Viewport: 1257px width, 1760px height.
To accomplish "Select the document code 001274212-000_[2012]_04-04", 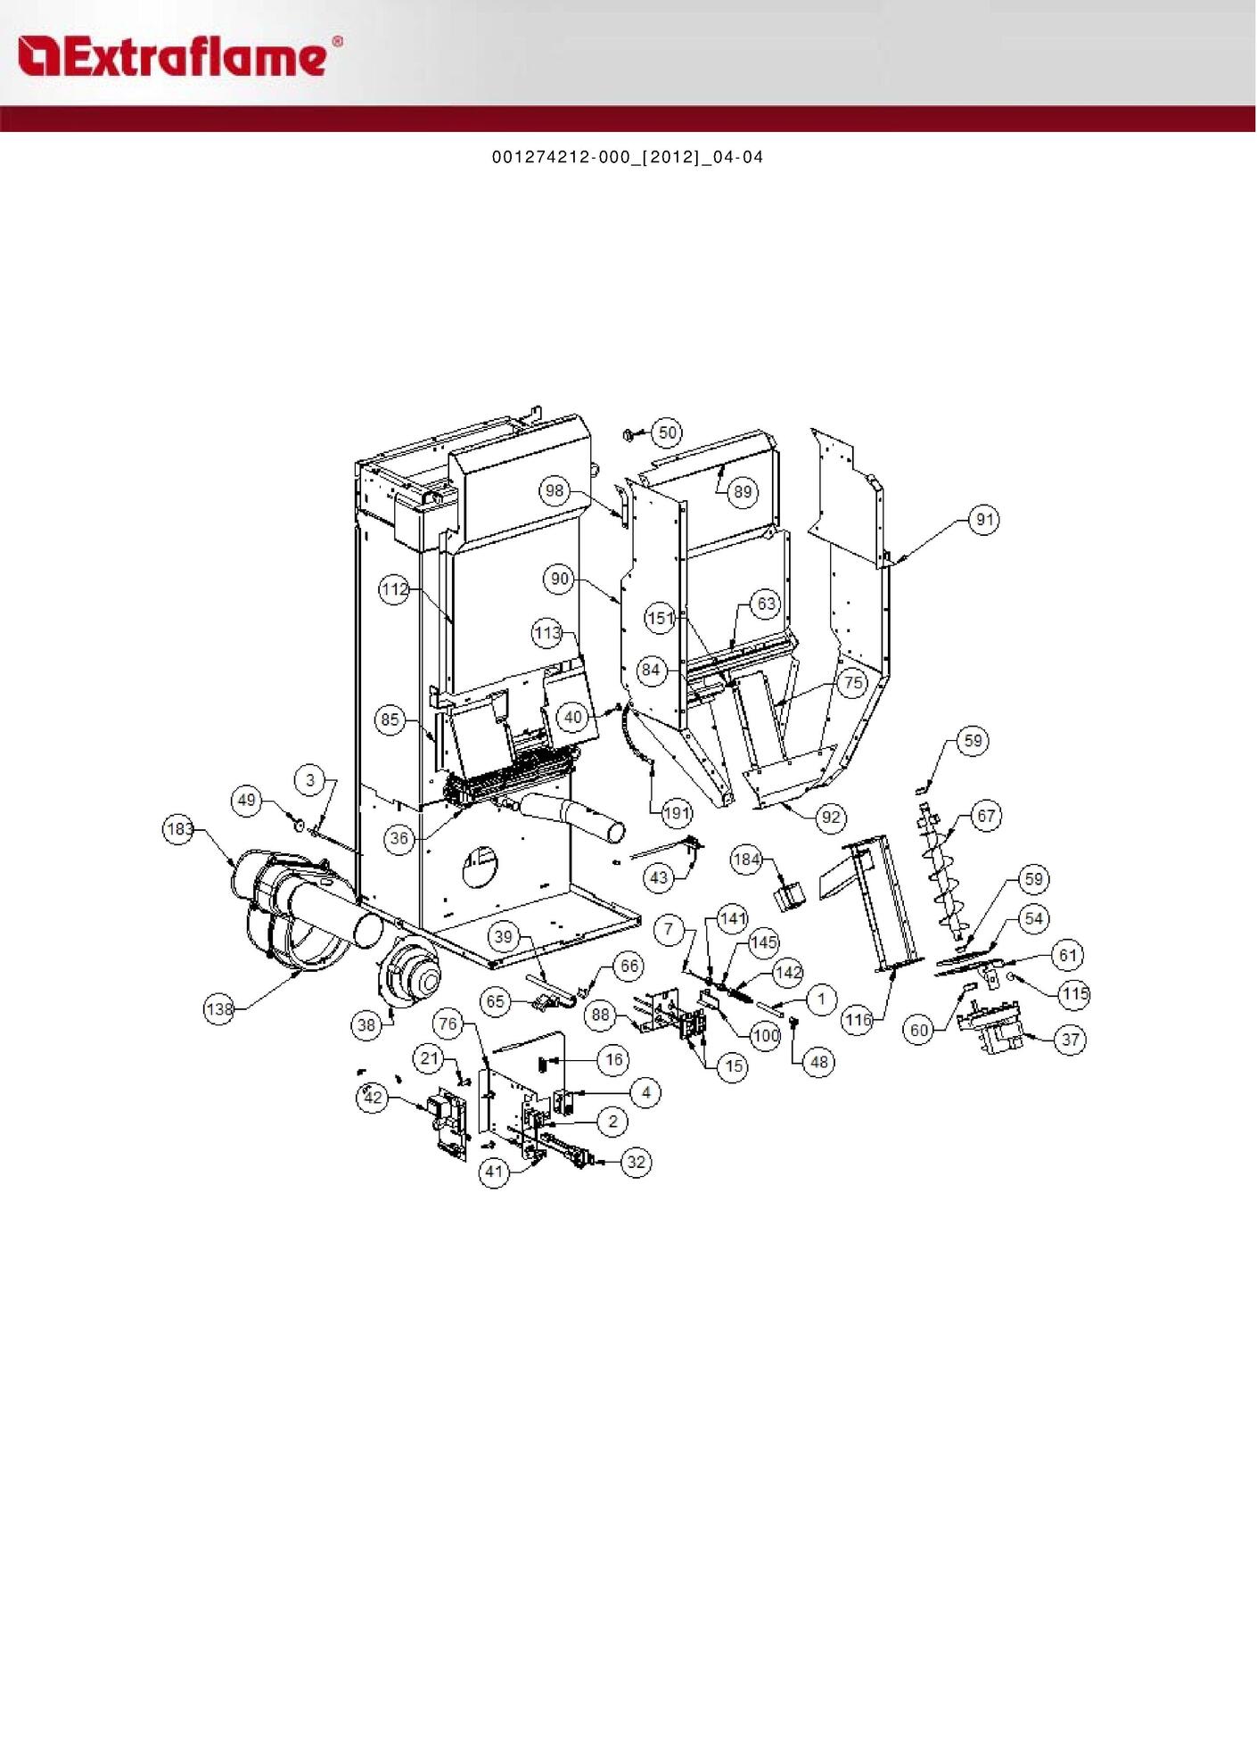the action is (x=628, y=158).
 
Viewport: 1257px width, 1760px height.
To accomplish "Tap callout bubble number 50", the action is (x=668, y=433).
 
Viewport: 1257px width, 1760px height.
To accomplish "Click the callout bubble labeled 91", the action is (x=984, y=520).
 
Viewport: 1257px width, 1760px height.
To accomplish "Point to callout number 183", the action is (x=179, y=829).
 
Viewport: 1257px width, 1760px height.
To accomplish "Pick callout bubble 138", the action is (x=219, y=1009).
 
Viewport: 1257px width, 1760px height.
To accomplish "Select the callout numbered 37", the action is (x=1071, y=1040).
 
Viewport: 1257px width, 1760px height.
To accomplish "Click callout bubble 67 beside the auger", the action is (x=986, y=816).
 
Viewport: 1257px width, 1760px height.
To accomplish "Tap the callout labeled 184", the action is (x=746, y=859).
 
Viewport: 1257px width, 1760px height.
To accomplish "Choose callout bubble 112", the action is (x=395, y=589).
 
